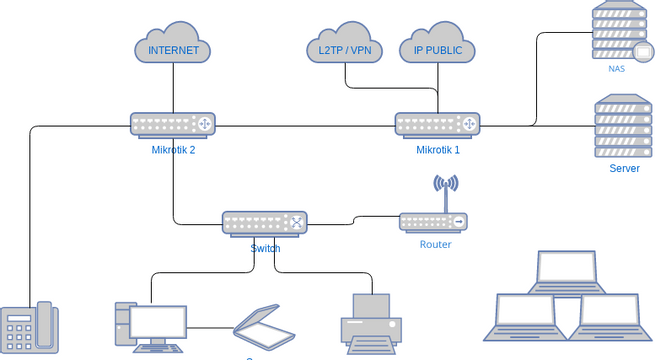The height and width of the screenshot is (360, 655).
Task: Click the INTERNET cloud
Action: (173, 48)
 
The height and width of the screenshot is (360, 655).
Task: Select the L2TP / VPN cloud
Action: (345, 48)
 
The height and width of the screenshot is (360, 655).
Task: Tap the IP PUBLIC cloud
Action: (437, 48)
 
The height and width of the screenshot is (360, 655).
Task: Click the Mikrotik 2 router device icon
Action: (173, 124)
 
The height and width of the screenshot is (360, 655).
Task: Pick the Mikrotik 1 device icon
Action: (437, 124)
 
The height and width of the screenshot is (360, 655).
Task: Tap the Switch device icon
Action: (264, 223)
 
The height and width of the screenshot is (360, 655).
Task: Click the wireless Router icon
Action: (433, 222)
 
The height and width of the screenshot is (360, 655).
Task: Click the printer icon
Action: (370, 324)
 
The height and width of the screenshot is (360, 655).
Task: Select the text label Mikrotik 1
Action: (438, 151)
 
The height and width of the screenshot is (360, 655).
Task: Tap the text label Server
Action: (624, 168)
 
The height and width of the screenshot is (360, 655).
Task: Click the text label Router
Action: (435, 244)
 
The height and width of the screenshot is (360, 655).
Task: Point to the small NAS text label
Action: (616, 69)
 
